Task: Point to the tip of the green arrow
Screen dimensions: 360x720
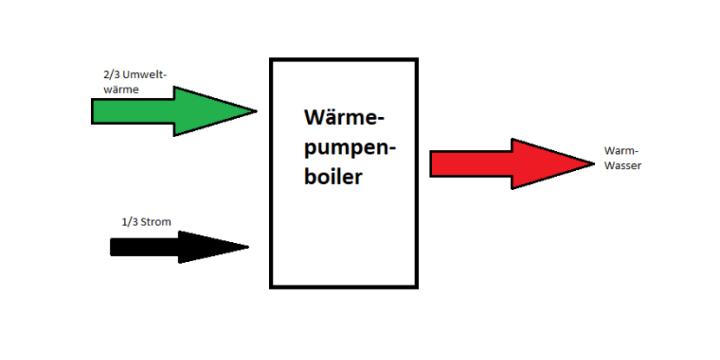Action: (256, 111)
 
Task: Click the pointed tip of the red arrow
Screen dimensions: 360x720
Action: (593, 163)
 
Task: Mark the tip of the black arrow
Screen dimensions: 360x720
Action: (248, 247)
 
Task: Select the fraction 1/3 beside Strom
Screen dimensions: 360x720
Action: (129, 221)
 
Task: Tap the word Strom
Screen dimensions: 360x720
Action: (156, 221)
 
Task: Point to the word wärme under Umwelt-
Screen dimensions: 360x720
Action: (121, 88)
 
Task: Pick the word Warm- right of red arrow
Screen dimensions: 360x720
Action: (620, 151)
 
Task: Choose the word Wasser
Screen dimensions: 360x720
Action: (623, 165)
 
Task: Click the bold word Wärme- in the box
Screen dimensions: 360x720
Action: (344, 118)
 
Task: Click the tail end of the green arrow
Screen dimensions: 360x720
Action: (94, 111)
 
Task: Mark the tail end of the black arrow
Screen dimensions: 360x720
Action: (113, 247)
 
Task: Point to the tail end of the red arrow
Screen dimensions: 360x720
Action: (432, 163)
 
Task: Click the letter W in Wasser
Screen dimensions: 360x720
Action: (609, 165)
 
